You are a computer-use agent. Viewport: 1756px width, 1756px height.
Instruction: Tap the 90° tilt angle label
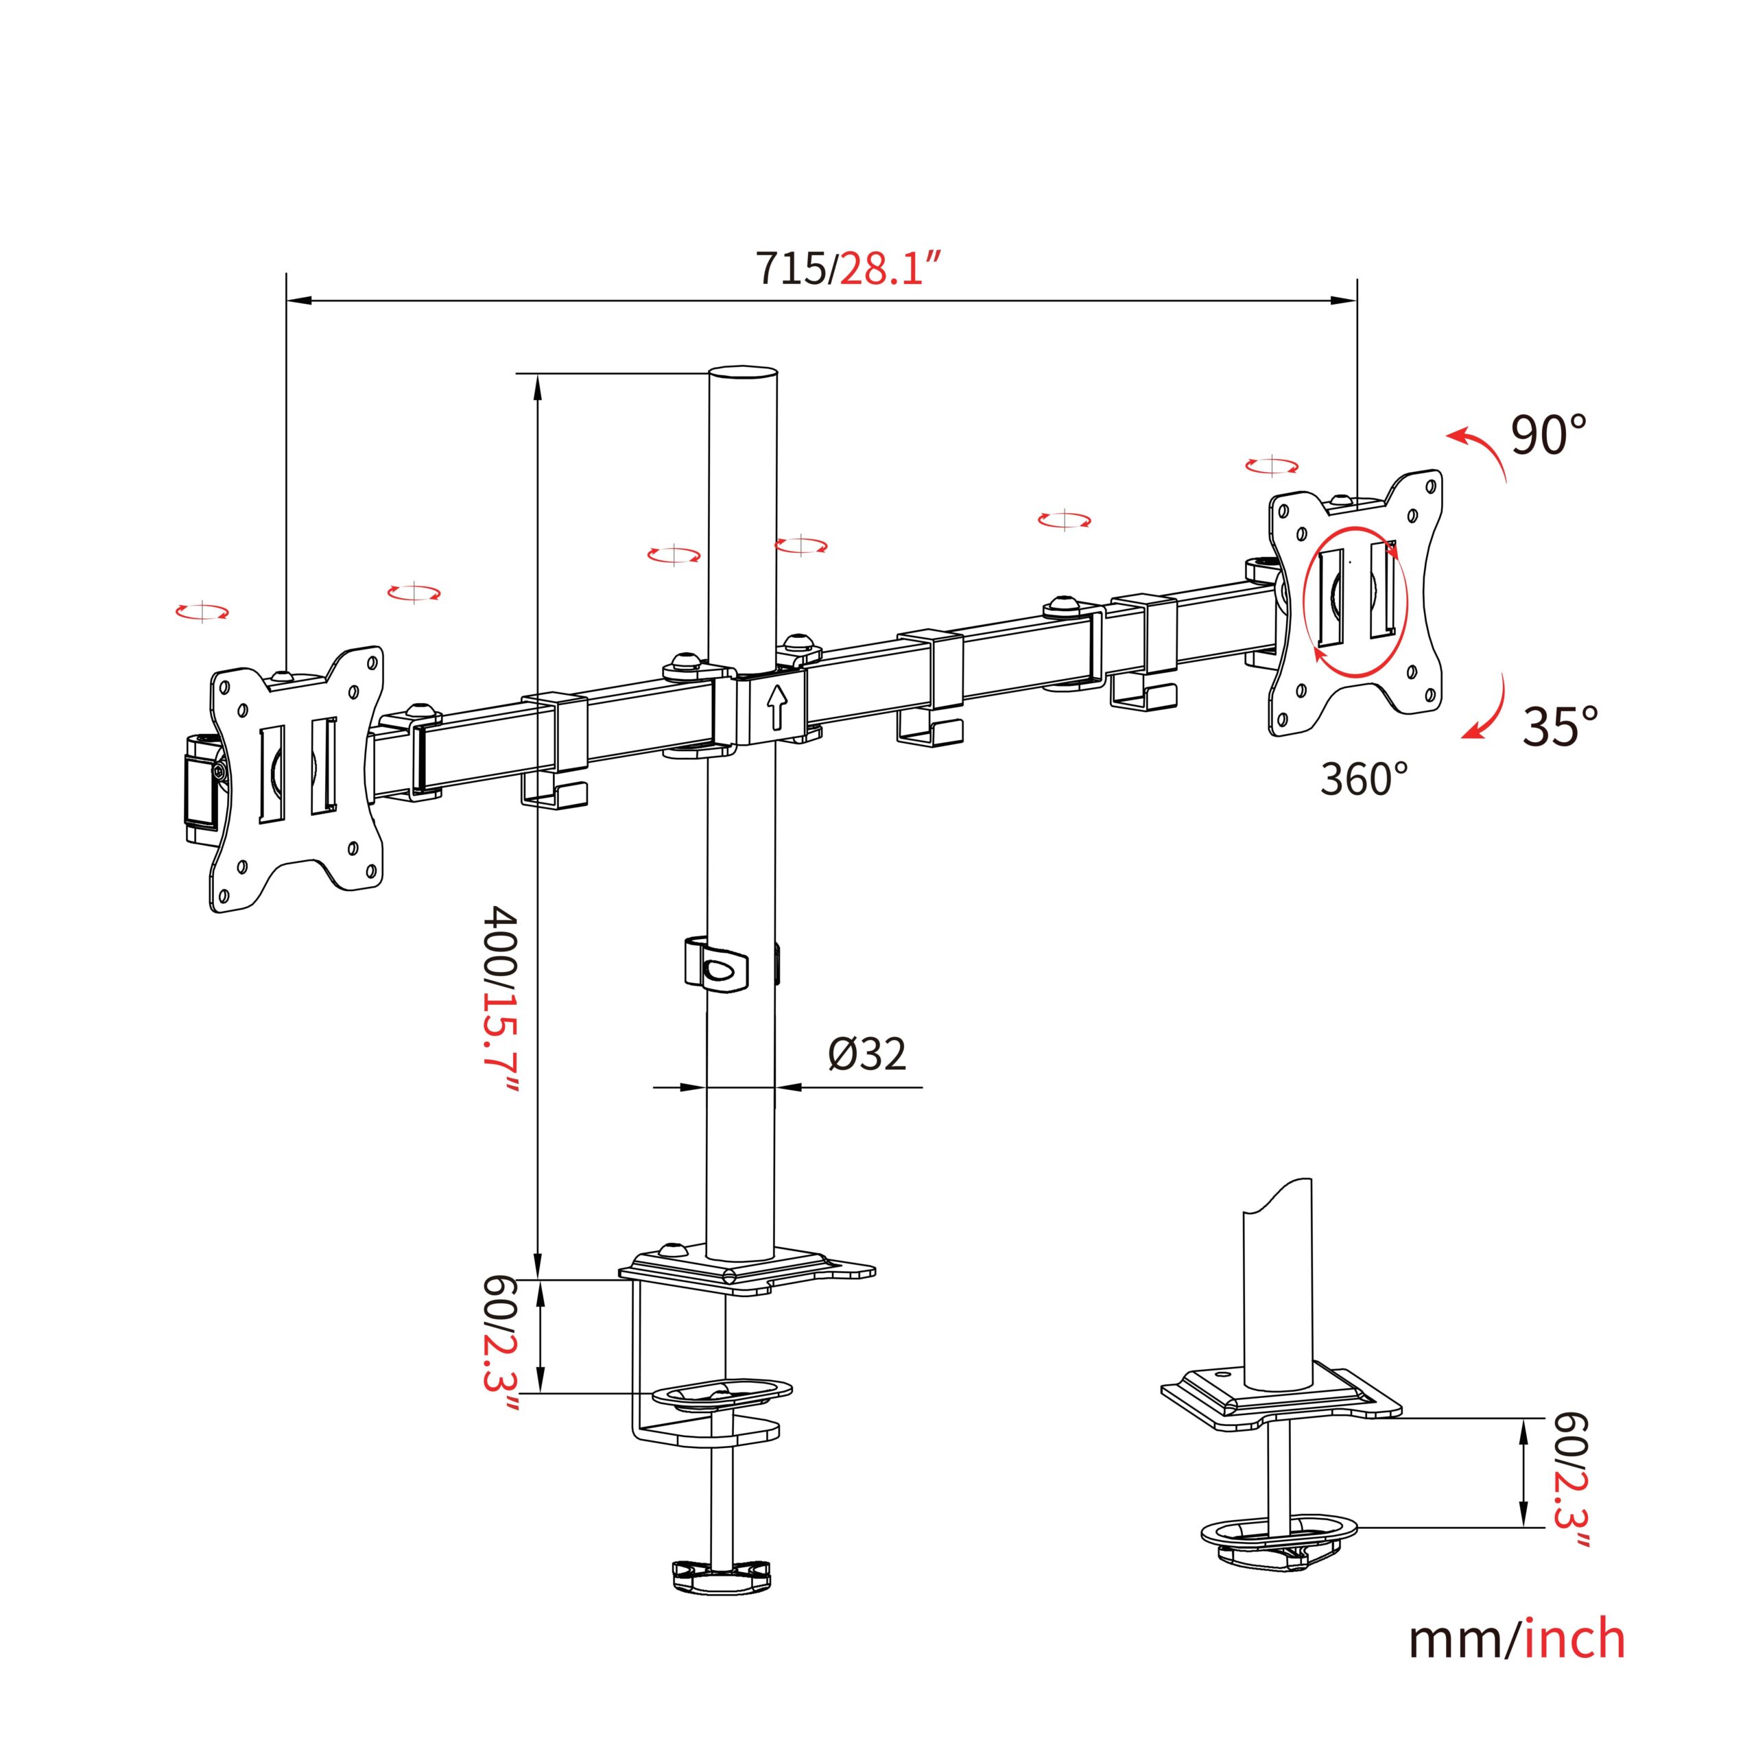(x=1549, y=436)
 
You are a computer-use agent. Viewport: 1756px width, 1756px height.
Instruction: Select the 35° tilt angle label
(x=1560, y=726)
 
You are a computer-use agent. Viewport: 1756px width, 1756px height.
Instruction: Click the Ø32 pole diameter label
(x=866, y=1054)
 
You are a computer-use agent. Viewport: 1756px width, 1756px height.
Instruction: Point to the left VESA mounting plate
(x=297, y=779)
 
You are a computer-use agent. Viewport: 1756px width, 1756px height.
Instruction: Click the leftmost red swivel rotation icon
(x=202, y=612)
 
